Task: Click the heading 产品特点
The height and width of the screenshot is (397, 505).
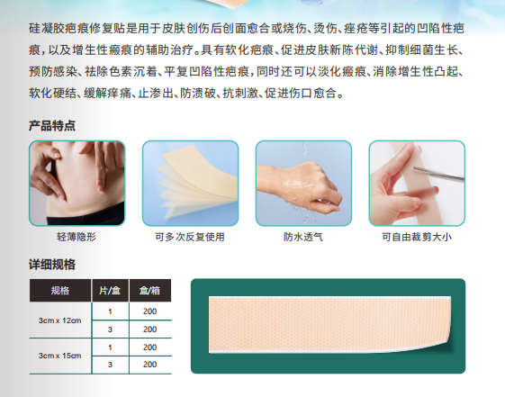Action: point(52,126)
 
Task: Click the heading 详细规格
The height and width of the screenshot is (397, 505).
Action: point(52,264)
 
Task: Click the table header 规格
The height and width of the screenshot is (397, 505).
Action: point(60,291)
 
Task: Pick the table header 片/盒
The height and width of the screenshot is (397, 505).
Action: point(110,291)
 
